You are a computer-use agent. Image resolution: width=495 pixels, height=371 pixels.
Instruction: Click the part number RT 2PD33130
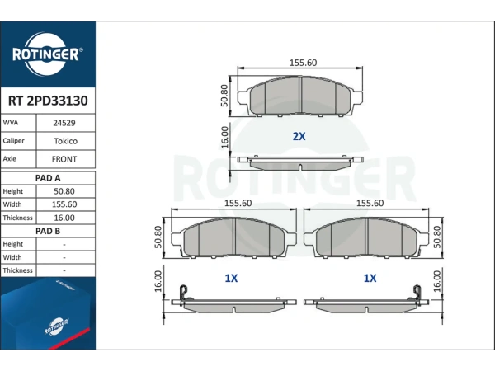click(48, 101)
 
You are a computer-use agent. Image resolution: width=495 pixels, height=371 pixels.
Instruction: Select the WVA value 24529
click(64, 123)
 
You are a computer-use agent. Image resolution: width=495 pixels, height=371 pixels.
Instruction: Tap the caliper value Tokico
click(65, 141)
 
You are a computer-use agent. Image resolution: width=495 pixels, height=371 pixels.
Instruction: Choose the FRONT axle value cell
click(64, 159)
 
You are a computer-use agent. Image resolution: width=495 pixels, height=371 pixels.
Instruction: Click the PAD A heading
click(48, 178)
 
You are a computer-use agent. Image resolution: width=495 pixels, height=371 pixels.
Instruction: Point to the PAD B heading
click(48, 231)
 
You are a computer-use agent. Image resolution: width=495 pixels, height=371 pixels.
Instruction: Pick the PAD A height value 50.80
click(64, 191)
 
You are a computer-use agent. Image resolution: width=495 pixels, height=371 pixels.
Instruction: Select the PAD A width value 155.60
click(64, 204)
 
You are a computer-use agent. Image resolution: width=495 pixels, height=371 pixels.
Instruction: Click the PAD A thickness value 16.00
click(64, 218)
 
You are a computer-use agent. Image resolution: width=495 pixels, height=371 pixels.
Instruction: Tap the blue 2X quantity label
click(299, 136)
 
